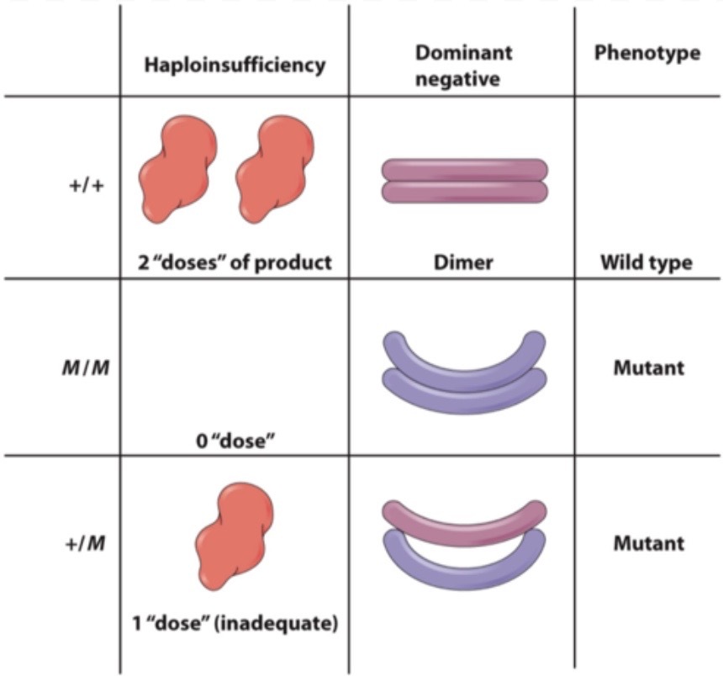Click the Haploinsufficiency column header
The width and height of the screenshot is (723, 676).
click(x=235, y=65)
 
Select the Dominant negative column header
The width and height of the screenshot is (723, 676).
click(x=463, y=66)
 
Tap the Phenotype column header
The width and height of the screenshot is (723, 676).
click(x=646, y=53)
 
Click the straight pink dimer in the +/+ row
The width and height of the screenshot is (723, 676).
click(x=464, y=182)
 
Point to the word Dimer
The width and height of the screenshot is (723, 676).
click(x=463, y=262)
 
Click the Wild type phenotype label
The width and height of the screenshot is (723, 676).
click(x=646, y=262)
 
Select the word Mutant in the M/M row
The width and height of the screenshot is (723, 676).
click(x=646, y=367)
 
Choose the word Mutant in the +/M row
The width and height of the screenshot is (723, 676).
click(x=646, y=543)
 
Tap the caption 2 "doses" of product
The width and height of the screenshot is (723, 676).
click(x=235, y=262)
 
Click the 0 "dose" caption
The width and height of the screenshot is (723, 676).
click(x=235, y=437)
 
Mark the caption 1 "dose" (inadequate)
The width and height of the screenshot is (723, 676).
click(x=235, y=624)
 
